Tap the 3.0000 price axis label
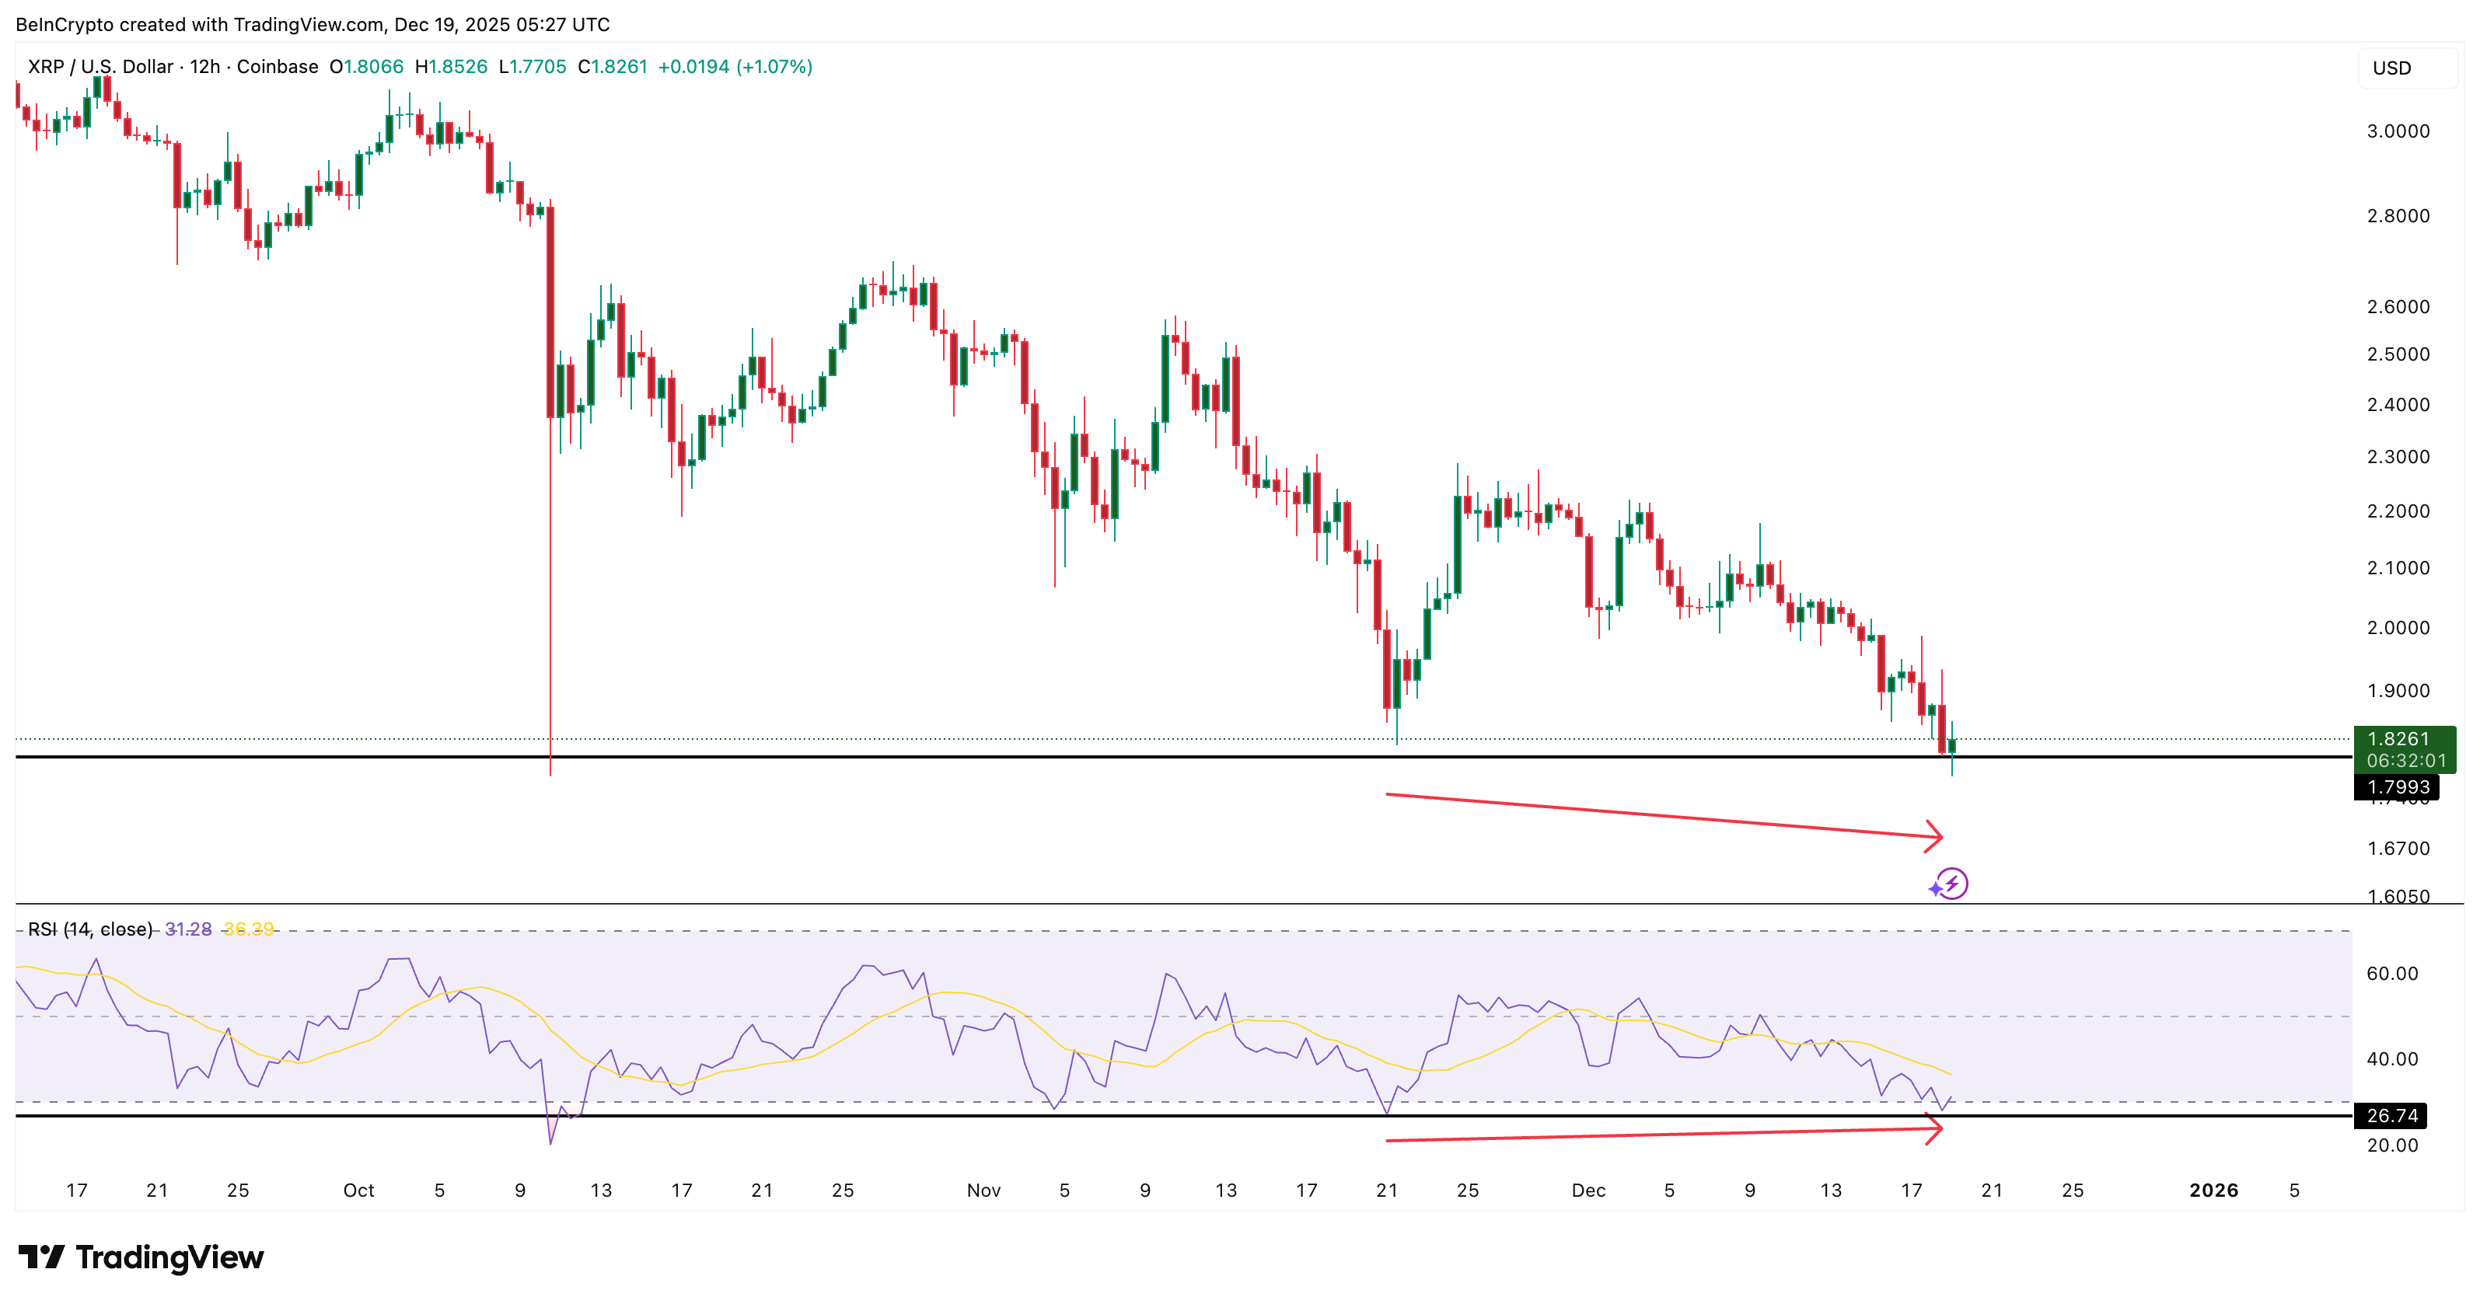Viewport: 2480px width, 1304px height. tap(2398, 131)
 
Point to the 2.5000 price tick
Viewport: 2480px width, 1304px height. tap(2398, 354)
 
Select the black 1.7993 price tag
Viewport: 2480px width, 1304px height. tap(2398, 787)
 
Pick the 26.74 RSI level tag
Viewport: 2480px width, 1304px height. tap(2391, 1115)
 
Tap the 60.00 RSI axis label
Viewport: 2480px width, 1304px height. tap(2391, 973)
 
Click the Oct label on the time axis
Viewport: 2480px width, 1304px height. tap(358, 1191)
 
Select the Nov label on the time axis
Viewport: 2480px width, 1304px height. tap(983, 1191)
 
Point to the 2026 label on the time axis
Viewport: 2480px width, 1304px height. tap(2213, 1191)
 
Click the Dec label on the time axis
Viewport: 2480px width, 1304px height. tap(1588, 1191)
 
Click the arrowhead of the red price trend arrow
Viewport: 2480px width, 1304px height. tap(1935, 836)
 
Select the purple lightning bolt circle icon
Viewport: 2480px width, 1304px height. tap(1951, 884)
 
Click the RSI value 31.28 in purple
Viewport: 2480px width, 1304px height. tap(187, 929)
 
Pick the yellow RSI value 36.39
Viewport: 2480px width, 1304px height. tap(248, 929)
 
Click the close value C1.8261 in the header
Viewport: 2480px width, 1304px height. tap(613, 66)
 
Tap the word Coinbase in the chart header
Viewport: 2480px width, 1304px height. tap(278, 66)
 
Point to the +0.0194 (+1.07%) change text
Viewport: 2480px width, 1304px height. tap(735, 66)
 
